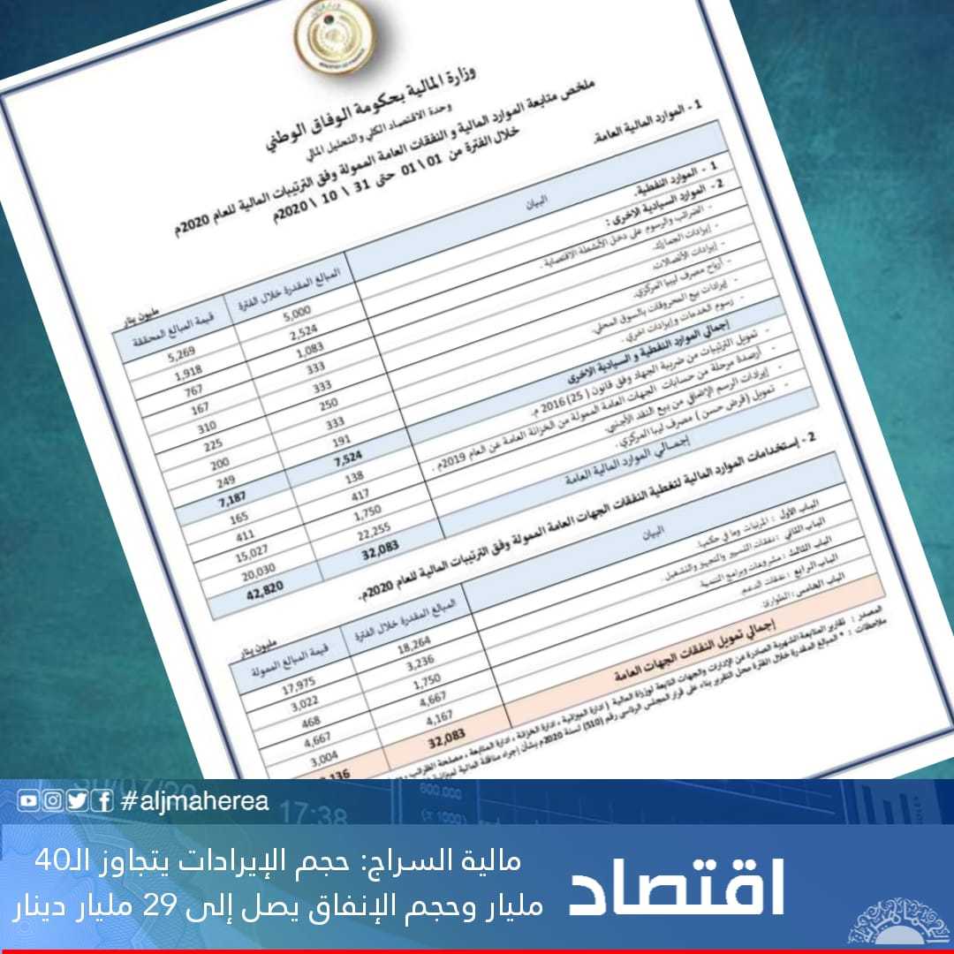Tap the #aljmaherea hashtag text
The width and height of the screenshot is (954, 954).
[x=193, y=802]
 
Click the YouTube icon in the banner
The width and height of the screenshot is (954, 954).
[x=28, y=802]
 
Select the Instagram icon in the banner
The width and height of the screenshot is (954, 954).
[x=53, y=802]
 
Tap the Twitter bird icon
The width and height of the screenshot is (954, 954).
[x=78, y=802]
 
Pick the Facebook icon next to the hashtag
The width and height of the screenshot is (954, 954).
[x=103, y=802]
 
